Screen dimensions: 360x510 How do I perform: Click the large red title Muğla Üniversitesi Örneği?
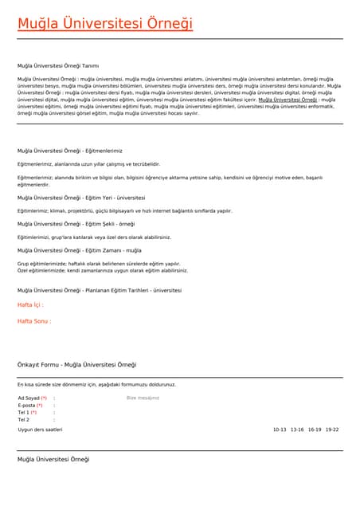105,24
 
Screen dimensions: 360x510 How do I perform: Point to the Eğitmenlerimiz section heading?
70,151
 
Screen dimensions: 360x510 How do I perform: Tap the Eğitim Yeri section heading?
81,198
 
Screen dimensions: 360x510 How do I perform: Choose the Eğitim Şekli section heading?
76,224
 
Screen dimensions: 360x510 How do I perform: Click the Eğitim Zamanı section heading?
79,250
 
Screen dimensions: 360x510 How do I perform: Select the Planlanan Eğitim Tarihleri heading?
100,290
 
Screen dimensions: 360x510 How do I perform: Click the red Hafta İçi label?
30,305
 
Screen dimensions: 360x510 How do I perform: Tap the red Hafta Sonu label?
34,321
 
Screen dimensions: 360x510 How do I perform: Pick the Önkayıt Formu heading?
77,365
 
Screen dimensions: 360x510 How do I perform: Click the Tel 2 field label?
24,419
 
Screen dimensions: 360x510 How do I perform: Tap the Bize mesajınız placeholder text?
143,398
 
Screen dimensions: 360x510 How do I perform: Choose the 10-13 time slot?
280,430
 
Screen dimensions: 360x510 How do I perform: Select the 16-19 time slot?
315,430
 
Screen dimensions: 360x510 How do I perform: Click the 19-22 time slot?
332,430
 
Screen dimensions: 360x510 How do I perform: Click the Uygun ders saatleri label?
40,430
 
